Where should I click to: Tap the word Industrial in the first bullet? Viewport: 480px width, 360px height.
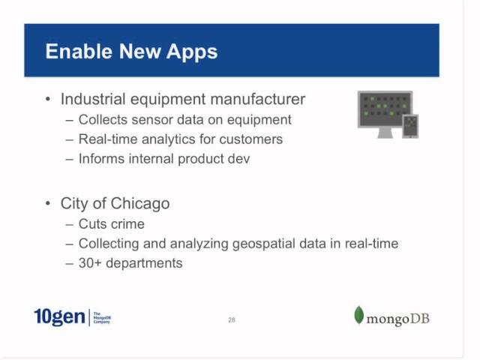pos(93,99)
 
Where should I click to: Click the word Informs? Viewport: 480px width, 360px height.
pos(101,159)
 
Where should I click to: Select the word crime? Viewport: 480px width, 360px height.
pos(127,224)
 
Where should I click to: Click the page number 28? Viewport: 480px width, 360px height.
pos(232,320)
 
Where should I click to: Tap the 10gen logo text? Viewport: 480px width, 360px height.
pos(59,317)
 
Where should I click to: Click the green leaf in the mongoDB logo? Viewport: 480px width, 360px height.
pos(359,316)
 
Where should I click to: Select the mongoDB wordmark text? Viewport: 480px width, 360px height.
pos(398,319)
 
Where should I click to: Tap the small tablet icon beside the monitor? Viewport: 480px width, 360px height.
pos(410,126)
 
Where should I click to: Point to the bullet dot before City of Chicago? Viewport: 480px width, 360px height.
pos(49,204)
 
